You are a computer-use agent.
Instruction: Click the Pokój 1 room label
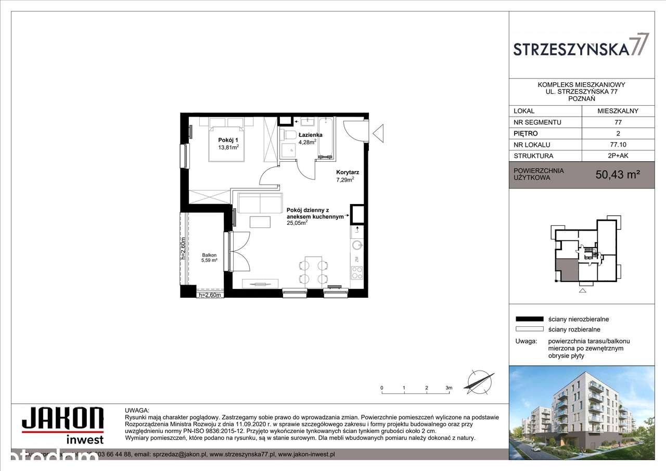pos(228,139)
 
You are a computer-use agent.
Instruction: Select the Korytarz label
pos(348,172)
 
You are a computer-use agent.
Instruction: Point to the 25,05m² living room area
pos(297,222)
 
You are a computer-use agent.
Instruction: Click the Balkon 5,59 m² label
pos(209,258)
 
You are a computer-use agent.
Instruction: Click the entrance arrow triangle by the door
pos(379,133)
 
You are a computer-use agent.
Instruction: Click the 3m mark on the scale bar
pos(449,388)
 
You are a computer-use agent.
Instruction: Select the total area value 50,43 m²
pos(617,175)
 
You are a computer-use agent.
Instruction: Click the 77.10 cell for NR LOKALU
pos(618,145)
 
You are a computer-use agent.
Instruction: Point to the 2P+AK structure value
pos(618,156)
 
